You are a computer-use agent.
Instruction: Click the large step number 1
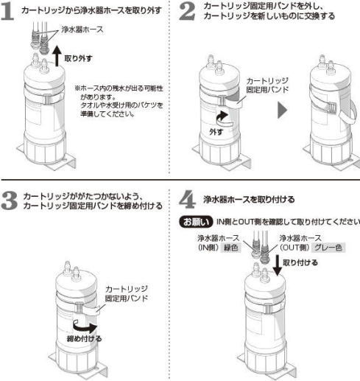[10, 13]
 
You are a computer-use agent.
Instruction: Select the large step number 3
[10, 200]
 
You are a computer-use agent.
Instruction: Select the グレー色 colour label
[327, 248]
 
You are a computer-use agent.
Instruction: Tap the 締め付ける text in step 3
[82, 338]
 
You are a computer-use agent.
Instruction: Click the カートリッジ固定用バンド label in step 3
[129, 293]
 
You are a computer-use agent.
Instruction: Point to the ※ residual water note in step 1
[119, 101]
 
